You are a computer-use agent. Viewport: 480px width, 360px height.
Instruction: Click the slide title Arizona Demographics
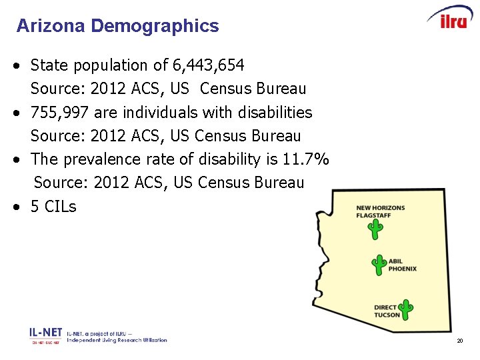117,26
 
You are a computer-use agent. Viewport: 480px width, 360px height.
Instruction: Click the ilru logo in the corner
450,19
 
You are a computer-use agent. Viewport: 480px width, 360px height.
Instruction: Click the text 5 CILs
53,207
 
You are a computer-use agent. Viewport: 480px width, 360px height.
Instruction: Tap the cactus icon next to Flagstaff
376,229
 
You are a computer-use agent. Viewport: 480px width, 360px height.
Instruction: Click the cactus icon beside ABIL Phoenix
379,265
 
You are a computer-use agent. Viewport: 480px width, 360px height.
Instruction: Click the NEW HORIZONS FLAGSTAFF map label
380,212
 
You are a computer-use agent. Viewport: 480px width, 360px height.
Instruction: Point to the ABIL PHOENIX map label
403,265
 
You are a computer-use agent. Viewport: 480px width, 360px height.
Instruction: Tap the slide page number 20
460,341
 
